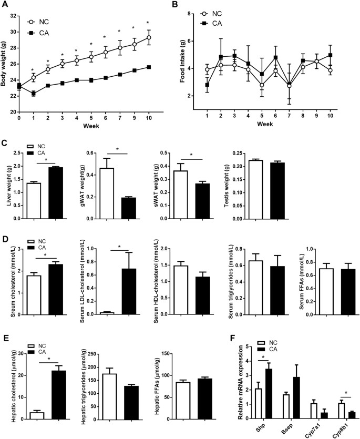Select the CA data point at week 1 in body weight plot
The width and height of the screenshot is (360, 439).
[33, 93]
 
